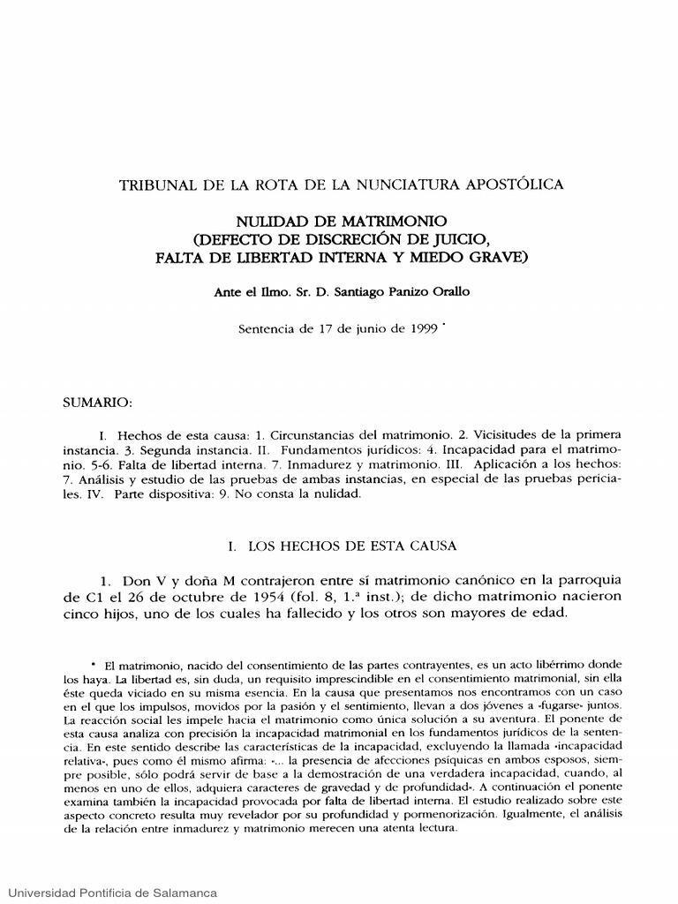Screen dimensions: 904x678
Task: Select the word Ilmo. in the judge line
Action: [x=261, y=292]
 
